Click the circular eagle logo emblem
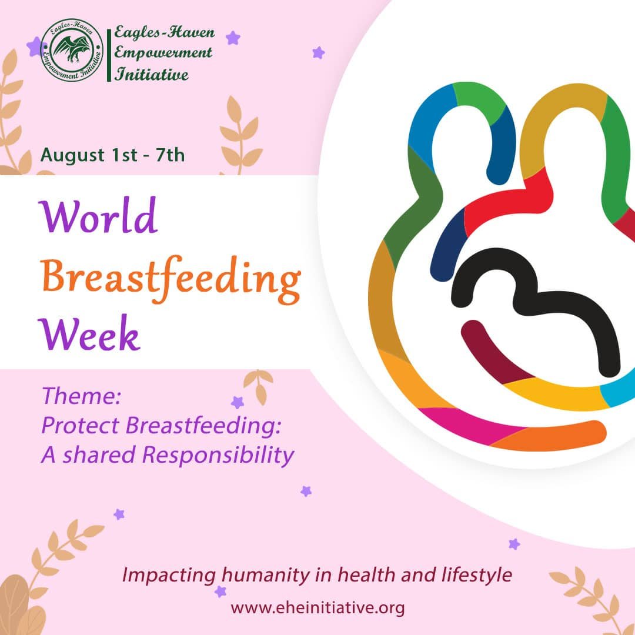point(72,50)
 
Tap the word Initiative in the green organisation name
point(152,74)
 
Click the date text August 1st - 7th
point(112,155)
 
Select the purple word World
point(98,216)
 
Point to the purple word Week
point(89,333)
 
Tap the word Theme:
point(81,396)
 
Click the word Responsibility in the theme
point(218,454)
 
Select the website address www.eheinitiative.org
point(317,607)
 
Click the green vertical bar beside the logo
point(109,55)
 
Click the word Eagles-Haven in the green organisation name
point(164,32)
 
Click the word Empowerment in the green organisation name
point(163,53)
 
